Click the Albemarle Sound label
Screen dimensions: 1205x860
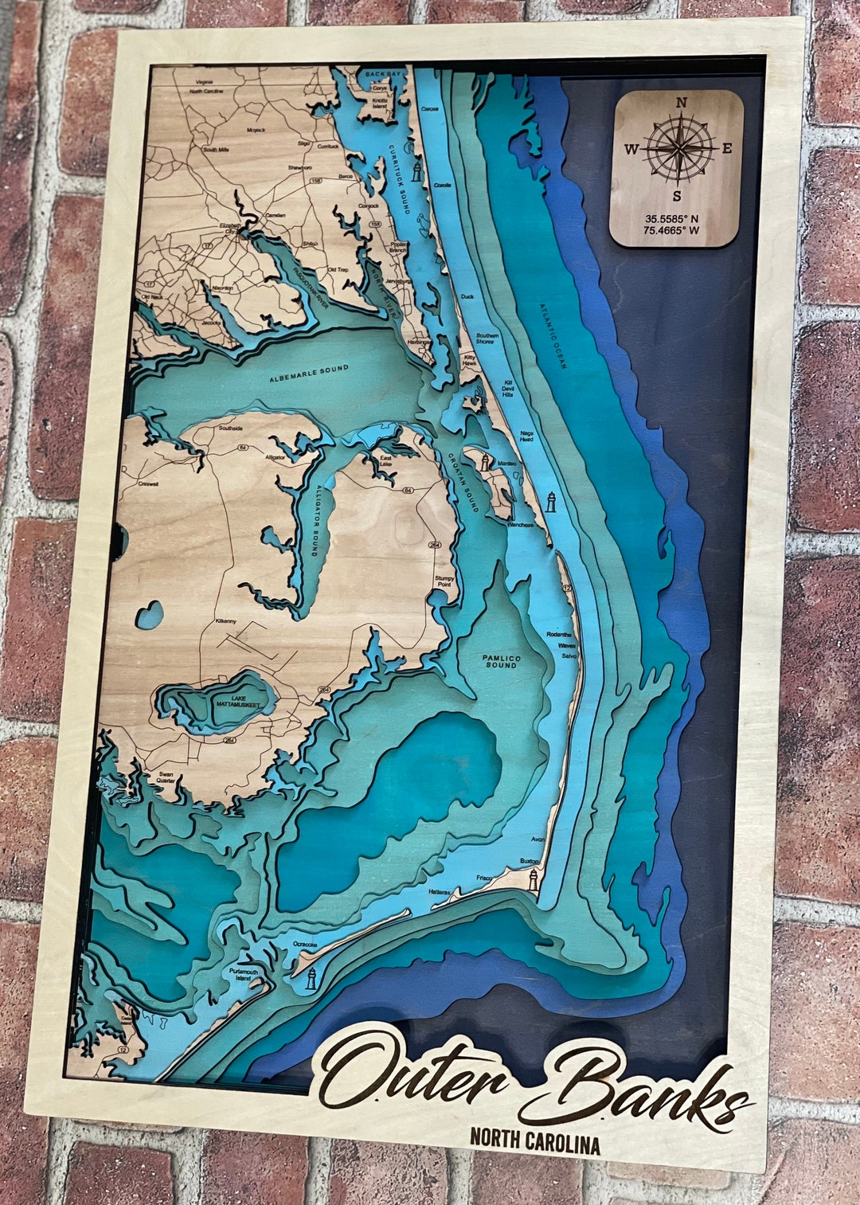(x=309, y=373)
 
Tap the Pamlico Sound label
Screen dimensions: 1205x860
(x=501, y=661)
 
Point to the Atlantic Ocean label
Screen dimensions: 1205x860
(x=553, y=335)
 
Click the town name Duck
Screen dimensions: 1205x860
(x=467, y=297)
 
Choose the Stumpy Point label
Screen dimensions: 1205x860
(x=444, y=581)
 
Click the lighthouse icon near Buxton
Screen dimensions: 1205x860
(x=534, y=879)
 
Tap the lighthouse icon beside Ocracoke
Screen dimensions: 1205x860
(x=311, y=979)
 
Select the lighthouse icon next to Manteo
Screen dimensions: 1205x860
(x=485, y=461)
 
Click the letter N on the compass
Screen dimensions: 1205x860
(x=681, y=103)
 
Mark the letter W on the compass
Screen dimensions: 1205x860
(x=631, y=148)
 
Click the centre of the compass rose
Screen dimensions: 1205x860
(x=678, y=148)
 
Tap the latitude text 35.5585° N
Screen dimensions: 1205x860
(x=672, y=218)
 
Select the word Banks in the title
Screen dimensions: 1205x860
(x=637, y=1086)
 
